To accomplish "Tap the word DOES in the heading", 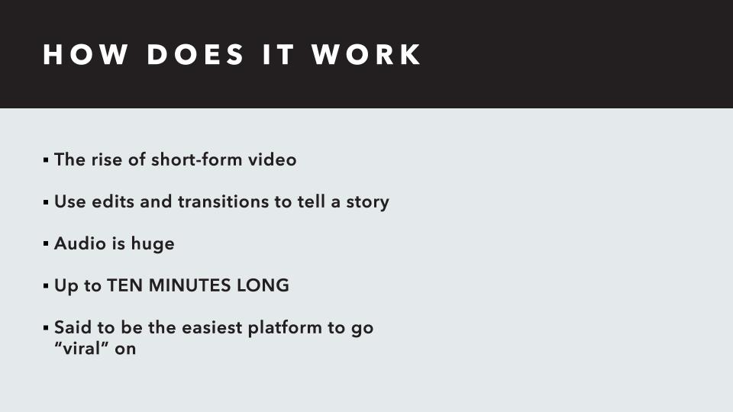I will [195, 55].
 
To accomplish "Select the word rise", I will [108, 160].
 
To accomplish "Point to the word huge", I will [153, 245].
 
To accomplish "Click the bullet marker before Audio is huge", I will [46, 245].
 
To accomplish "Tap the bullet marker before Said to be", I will [46, 329].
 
